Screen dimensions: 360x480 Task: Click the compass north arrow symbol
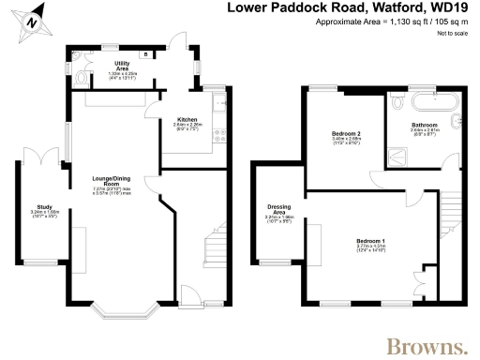pyautogui.click(x=32, y=20)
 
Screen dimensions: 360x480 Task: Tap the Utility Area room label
pyautogui.click(x=122, y=65)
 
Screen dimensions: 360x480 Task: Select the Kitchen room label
pyautogui.click(x=187, y=120)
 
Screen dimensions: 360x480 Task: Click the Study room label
pyautogui.click(x=44, y=207)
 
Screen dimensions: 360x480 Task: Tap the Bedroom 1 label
pyautogui.click(x=369, y=241)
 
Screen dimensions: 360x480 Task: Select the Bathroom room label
pyautogui.click(x=426, y=124)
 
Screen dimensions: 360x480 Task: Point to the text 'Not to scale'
pyautogui.click(x=453, y=33)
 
